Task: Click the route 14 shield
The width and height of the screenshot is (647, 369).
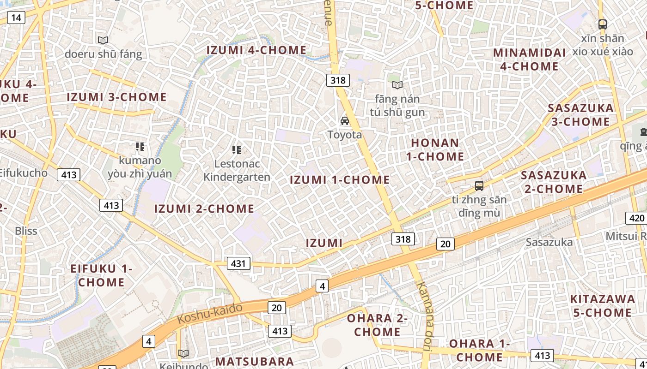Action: (16, 18)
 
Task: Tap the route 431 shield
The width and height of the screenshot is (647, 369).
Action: (238, 263)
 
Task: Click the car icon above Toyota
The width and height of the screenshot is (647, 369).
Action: (344, 121)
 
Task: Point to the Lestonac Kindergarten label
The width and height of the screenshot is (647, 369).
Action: (237, 170)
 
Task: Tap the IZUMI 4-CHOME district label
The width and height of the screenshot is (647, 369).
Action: (256, 50)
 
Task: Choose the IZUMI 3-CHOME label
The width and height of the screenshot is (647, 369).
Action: (116, 97)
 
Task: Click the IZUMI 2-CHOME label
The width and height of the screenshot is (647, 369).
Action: (204, 209)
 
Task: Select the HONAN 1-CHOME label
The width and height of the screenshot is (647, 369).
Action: (435, 149)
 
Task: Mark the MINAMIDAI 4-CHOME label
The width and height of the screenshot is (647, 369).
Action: (529, 60)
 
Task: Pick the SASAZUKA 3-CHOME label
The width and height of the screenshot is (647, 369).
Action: (580, 115)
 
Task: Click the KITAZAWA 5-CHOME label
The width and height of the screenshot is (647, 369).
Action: (603, 306)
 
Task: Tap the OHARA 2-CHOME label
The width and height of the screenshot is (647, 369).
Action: (377, 325)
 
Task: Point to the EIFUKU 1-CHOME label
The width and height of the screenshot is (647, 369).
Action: (101, 275)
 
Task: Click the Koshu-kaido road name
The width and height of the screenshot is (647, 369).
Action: (210, 313)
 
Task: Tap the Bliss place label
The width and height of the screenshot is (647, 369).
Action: (26, 231)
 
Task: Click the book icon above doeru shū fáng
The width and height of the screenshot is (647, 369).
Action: (103, 41)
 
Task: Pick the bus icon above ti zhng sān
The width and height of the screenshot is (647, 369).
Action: (479, 186)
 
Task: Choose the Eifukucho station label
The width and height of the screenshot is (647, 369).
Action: (23, 173)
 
